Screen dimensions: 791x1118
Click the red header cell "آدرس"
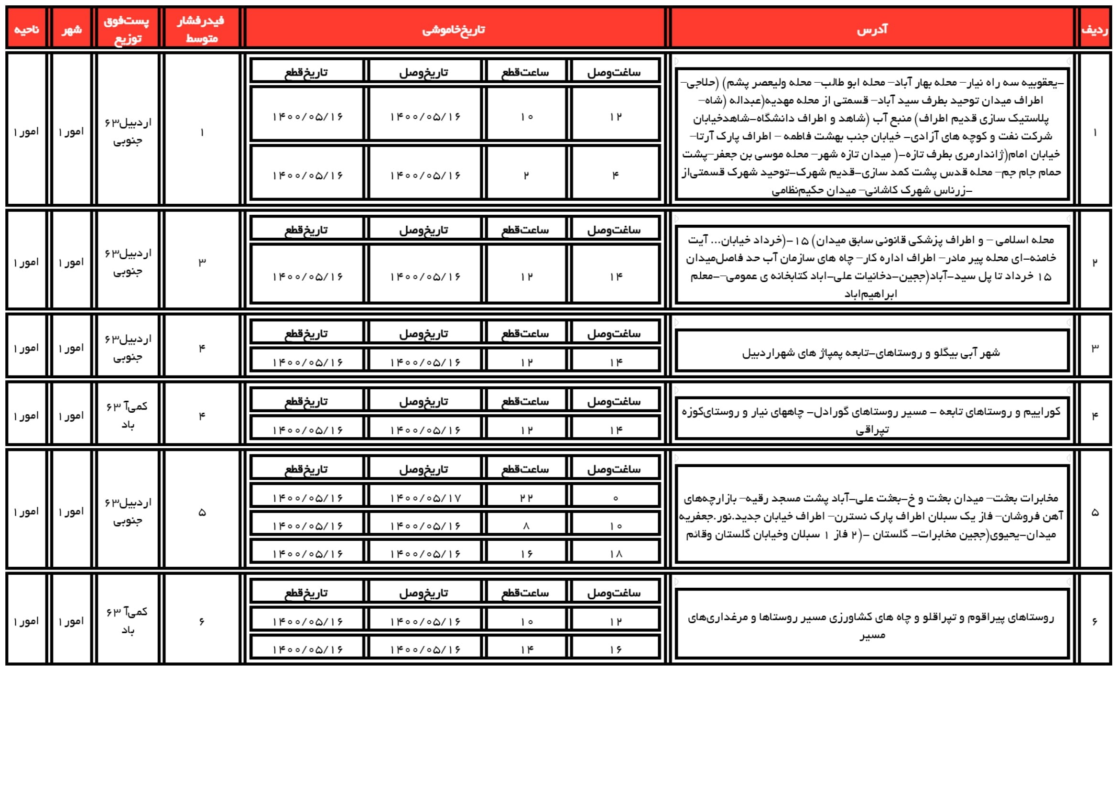point(872,30)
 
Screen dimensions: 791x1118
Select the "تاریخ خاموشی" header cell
point(453,30)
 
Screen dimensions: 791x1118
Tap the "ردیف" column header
point(1094,30)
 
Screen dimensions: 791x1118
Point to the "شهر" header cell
point(72,30)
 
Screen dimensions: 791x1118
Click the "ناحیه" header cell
point(26,30)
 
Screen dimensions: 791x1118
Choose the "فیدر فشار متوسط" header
point(201,29)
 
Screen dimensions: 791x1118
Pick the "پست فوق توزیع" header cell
point(127,29)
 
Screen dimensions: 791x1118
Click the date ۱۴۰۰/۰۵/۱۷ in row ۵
point(425,498)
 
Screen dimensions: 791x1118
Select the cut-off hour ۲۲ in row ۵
point(526,498)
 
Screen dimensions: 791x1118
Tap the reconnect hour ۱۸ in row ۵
point(616,554)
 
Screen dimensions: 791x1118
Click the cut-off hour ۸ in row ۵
point(526,526)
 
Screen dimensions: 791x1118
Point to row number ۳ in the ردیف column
point(1095,348)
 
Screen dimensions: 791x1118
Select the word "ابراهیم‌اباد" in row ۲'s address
point(870,294)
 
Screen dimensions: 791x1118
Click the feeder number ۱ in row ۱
point(202,132)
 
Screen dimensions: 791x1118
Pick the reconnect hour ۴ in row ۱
point(616,176)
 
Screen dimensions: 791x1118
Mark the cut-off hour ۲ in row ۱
point(526,176)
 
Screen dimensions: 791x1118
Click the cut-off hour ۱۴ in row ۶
point(527,649)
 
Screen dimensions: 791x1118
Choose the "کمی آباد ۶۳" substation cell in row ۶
point(128,621)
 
